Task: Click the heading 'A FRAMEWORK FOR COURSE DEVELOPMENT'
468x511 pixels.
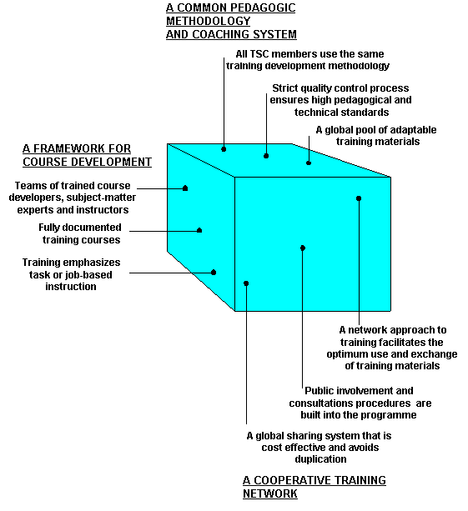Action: (87, 155)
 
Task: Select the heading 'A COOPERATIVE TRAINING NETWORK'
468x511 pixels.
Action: (315, 487)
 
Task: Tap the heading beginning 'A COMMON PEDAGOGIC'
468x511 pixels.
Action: (231, 21)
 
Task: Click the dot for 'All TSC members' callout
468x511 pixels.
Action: (224, 149)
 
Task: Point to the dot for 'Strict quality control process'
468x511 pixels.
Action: (266, 156)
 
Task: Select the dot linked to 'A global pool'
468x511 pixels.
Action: (309, 163)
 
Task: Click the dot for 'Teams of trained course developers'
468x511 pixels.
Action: (185, 188)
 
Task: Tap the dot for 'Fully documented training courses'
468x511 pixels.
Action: (199, 230)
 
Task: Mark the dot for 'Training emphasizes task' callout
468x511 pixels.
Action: (214, 273)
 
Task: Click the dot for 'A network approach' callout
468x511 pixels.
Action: (359, 198)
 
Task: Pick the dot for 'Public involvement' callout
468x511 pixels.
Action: (303, 248)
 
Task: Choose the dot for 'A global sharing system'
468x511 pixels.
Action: (246, 283)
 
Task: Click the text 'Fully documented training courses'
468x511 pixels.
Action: (80, 233)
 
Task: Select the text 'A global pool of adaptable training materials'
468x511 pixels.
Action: (376, 136)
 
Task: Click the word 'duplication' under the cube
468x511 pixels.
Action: (320, 459)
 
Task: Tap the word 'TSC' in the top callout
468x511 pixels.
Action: (259, 54)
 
